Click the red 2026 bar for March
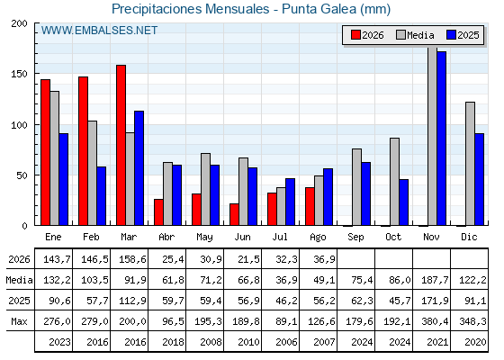click(121, 145)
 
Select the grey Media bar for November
click(432, 136)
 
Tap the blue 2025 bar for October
click(404, 202)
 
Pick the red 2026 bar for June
click(234, 214)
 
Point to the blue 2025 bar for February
click(101, 196)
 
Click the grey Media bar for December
click(470, 164)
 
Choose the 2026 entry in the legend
click(367, 35)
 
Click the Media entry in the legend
click(415, 35)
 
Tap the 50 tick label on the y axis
click(22, 175)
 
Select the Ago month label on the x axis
click(318, 238)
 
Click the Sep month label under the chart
click(355, 238)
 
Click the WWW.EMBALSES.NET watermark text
click(99, 31)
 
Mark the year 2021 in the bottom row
click(437, 342)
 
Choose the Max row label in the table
click(19, 321)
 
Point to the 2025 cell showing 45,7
click(400, 301)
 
